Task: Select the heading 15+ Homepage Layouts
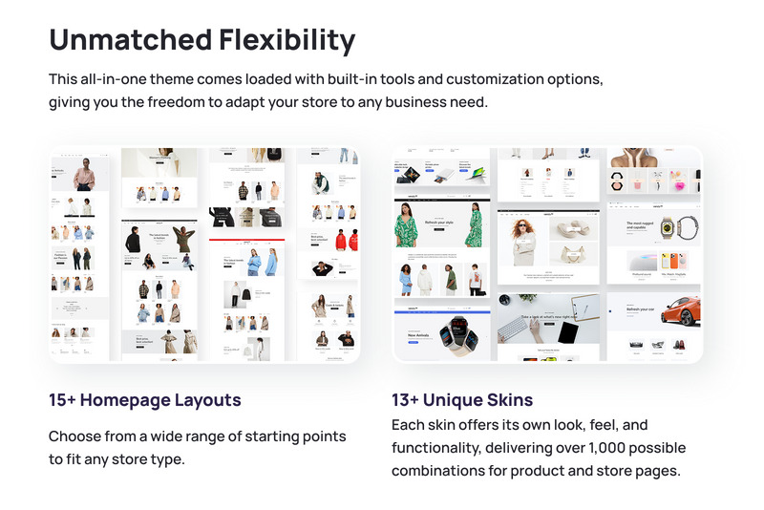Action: tap(145, 400)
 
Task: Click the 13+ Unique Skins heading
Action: tap(462, 400)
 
